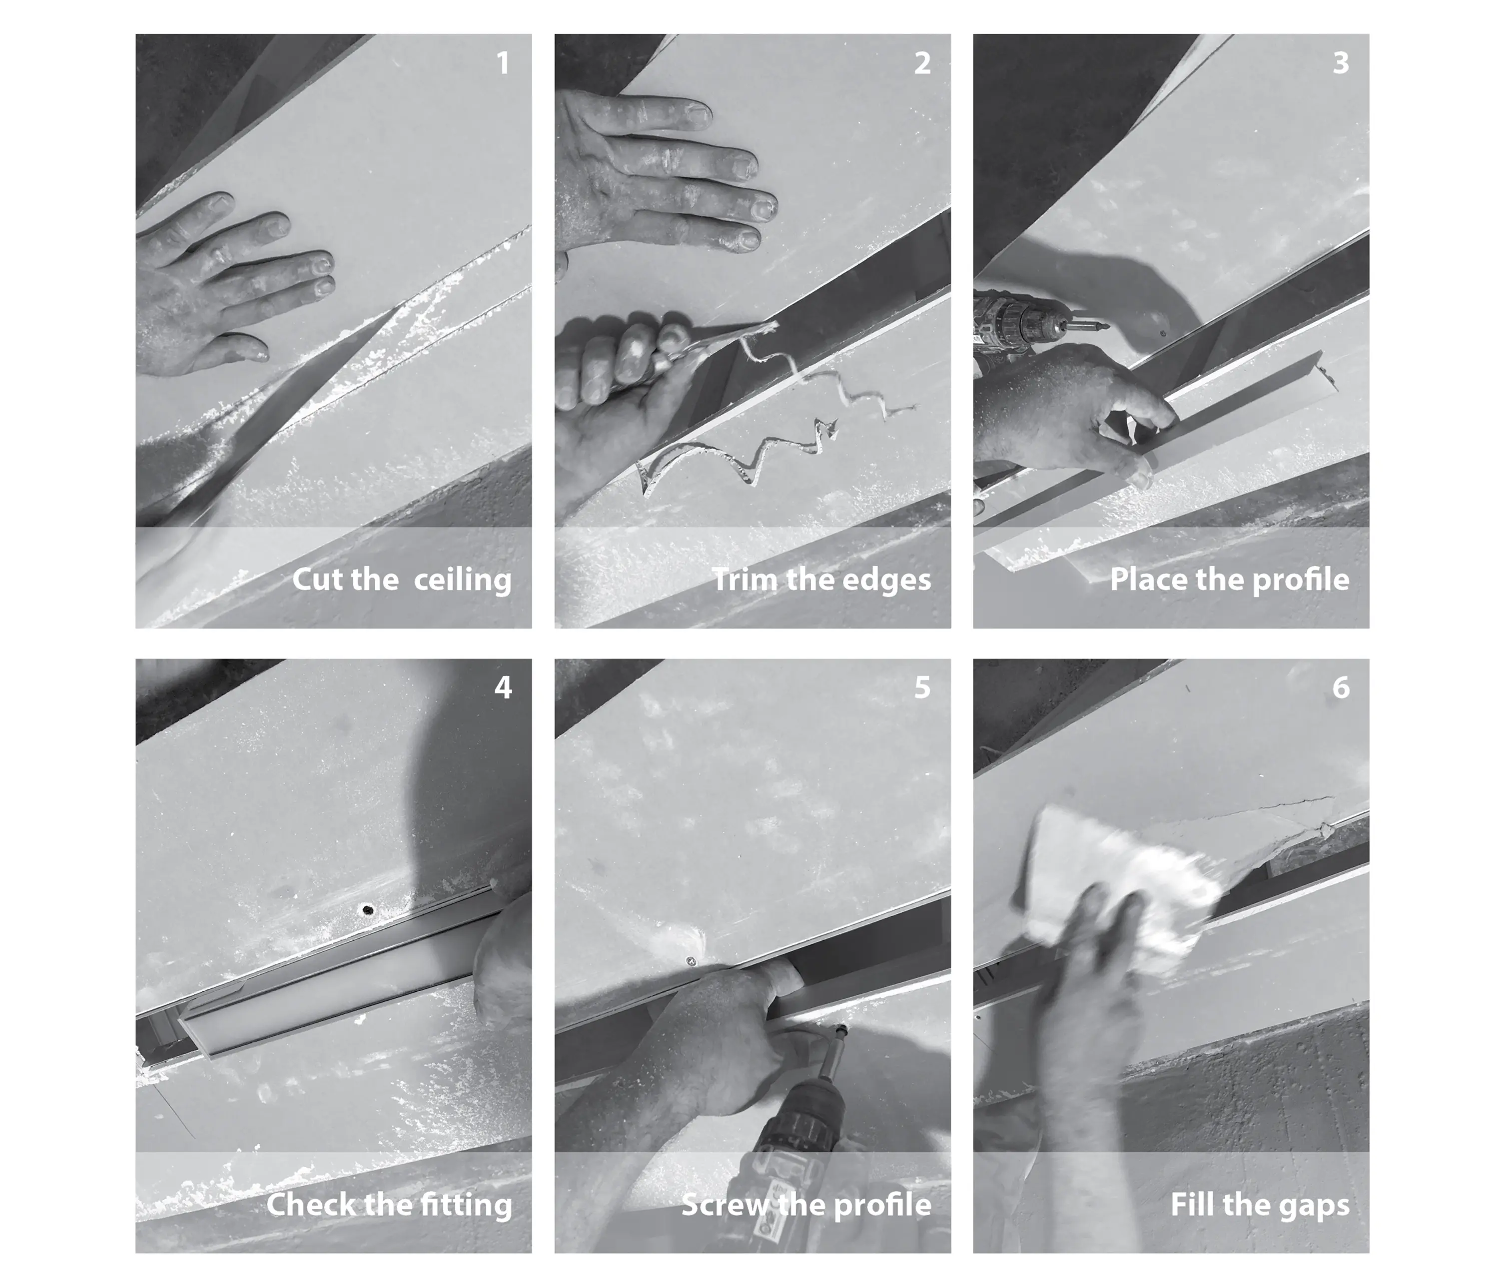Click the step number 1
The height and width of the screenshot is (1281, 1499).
(x=503, y=63)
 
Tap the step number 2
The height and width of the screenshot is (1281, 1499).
(x=922, y=63)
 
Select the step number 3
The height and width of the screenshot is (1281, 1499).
(x=1341, y=63)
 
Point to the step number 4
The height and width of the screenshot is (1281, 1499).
(x=503, y=687)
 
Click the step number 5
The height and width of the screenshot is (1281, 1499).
(x=922, y=687)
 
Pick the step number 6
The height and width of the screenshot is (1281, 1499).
(x=1341, y=687)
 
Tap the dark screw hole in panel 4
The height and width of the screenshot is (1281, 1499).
(x=368, y=909)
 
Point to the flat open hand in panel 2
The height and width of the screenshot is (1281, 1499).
(x=662, y=173)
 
